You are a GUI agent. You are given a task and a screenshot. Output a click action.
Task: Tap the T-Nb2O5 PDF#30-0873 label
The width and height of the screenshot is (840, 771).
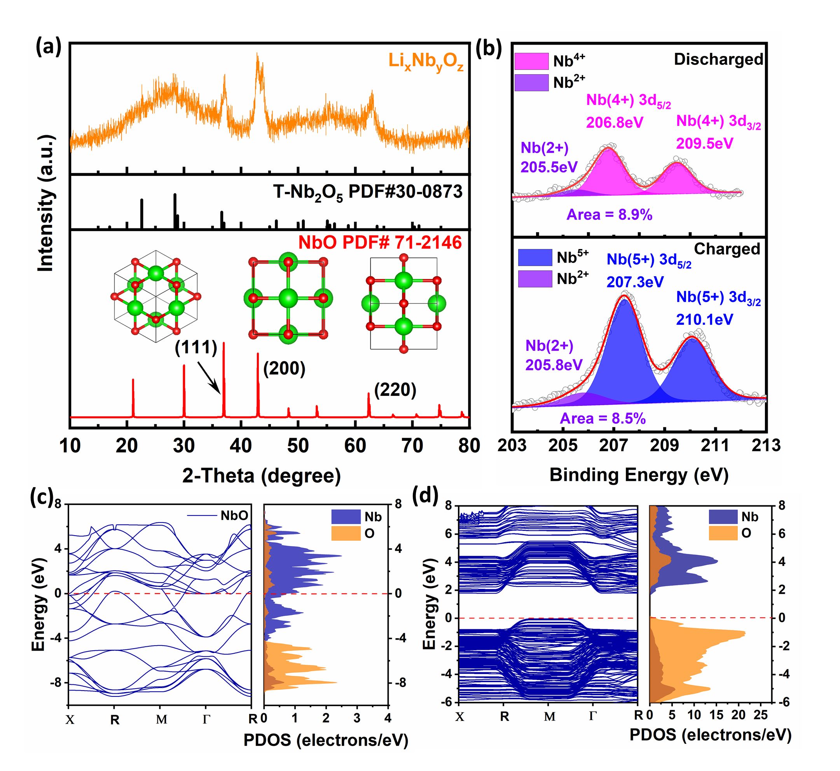click(367, 192)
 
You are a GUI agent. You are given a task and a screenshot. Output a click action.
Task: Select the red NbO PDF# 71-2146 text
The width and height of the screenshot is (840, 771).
click(380, 243)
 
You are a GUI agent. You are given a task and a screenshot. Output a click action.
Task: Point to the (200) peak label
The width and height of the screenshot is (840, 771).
click(284, 368)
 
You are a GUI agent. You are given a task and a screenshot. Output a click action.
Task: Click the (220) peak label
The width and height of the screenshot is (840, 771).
click(395, 390)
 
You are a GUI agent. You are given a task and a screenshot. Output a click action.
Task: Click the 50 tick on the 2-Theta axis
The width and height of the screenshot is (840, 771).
click(298, 446)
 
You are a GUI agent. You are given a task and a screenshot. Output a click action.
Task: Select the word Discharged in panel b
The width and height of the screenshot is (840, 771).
click(718, 59)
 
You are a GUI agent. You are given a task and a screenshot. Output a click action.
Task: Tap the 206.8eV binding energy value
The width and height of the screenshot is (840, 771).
click(615, 123)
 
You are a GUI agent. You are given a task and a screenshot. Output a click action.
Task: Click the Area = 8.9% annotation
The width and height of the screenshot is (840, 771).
click(609, 215)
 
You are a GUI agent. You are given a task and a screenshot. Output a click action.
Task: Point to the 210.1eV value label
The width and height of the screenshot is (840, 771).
click(704, 320)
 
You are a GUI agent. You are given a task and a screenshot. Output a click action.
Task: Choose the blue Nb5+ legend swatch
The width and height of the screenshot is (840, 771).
click(535, 258)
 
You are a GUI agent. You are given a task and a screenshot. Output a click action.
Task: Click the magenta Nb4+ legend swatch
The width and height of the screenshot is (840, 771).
click(531, 61)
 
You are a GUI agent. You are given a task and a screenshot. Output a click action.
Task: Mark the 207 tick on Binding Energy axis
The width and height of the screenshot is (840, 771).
click(614, 446)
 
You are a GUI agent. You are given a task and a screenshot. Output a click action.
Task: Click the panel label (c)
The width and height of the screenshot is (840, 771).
click(42, 497)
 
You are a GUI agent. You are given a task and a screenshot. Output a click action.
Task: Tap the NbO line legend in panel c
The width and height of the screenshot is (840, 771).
click(217, 516)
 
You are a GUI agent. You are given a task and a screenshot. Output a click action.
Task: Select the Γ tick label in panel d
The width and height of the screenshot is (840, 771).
click(592, 716)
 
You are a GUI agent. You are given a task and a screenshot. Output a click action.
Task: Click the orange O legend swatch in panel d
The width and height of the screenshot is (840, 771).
click(723, 533)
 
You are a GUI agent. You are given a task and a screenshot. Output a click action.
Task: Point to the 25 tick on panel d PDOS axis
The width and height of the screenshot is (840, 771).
click(760, 715)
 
